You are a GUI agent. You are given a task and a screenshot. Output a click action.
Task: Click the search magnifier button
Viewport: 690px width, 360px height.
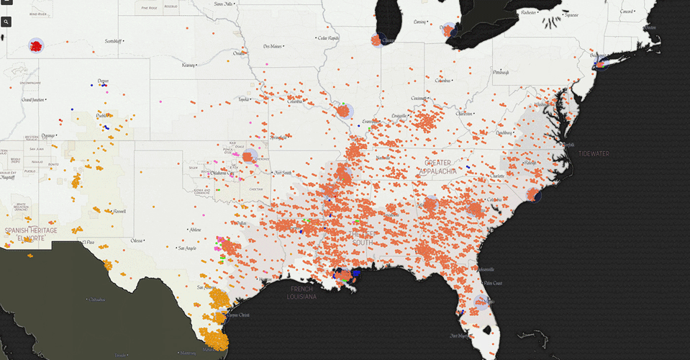6,22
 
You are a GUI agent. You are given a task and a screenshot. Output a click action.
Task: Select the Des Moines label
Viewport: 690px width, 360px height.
273,46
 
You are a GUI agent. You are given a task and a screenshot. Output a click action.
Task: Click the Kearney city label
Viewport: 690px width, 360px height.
189,65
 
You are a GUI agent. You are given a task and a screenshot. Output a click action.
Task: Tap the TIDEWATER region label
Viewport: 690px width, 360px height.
593,153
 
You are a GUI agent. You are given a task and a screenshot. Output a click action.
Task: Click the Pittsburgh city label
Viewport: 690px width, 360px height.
501,72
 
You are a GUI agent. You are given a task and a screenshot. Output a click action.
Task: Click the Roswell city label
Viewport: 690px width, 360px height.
119,211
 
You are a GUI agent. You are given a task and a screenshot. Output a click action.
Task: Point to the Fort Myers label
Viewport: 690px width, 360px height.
458,336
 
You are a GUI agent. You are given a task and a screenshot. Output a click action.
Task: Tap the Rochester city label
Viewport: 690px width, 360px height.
529,12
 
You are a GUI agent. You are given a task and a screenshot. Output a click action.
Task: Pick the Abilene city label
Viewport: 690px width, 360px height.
194,230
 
